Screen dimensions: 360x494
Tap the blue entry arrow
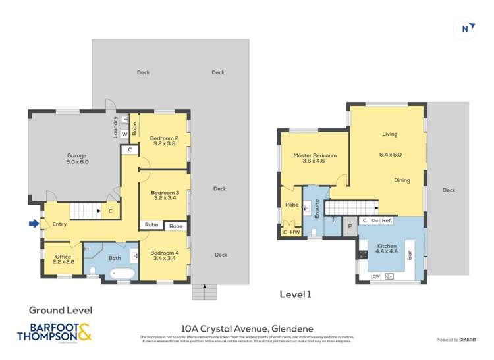34,224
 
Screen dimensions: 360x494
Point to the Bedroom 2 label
164,140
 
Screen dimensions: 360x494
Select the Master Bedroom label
314,158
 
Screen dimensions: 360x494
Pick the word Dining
402,180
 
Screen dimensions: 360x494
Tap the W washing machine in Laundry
124,134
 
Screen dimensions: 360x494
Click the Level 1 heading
295,295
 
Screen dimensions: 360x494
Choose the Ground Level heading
60,309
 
